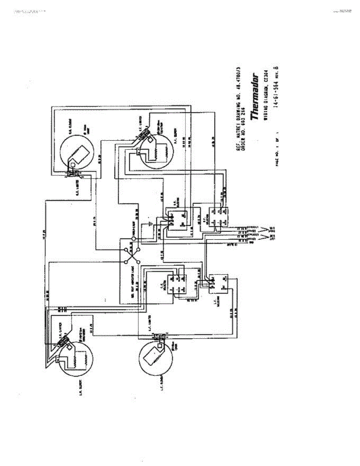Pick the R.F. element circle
tap(156, 147)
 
